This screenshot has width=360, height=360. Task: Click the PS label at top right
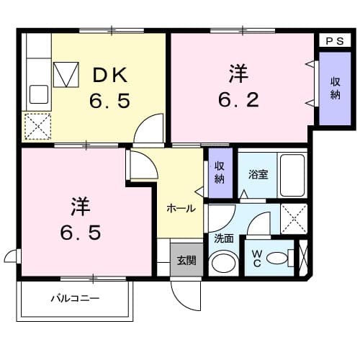pos(333,41)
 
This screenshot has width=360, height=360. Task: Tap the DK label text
pos(111,74)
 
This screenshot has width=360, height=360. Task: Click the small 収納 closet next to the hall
pos(219,172)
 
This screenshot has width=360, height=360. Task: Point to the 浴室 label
pos(258,174)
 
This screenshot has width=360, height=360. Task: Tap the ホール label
pos(181,208)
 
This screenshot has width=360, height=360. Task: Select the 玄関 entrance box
pos(186,260)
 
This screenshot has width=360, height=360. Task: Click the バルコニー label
pos(75,297)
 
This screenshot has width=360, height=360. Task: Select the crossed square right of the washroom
pos(293,217)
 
